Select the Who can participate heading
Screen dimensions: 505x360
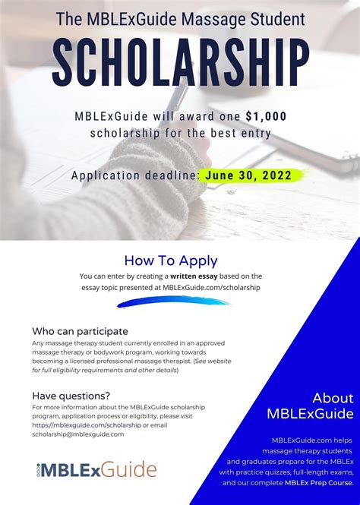(80, 331)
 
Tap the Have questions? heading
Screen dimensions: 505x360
(71, 395)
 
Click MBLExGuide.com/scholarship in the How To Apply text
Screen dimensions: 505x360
(216, 287)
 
